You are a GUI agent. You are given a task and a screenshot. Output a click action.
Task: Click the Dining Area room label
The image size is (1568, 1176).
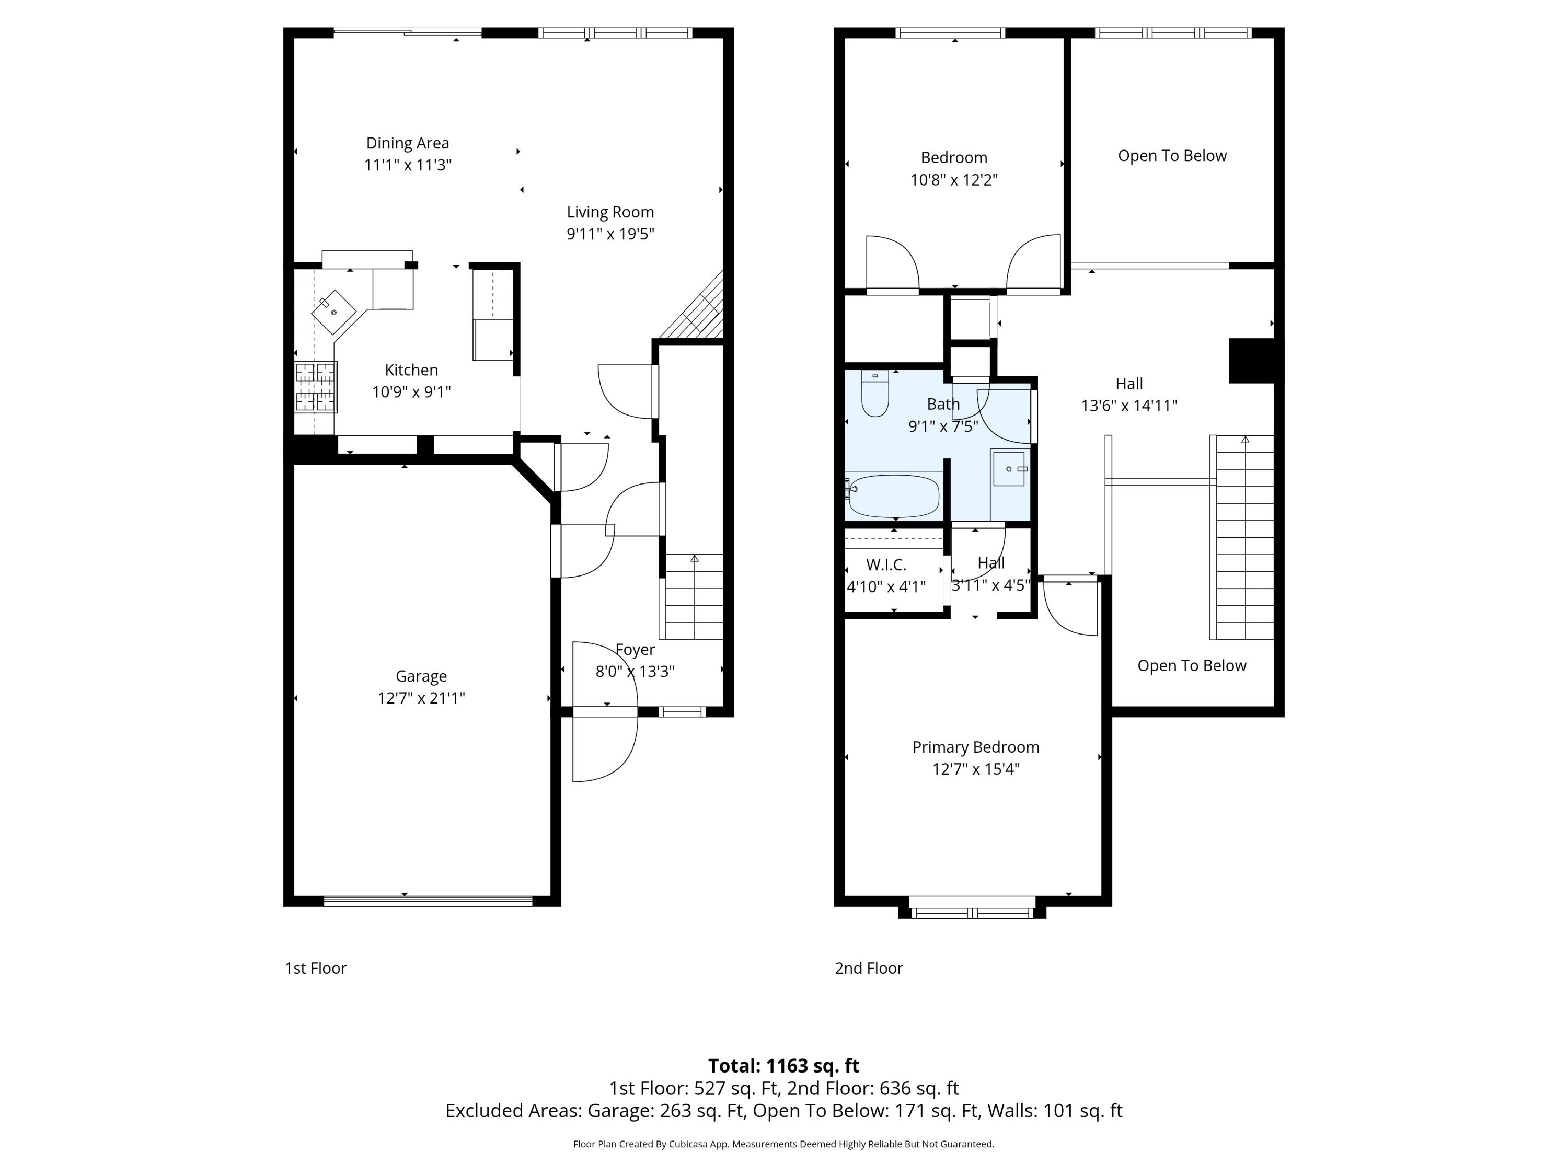click(408, 143)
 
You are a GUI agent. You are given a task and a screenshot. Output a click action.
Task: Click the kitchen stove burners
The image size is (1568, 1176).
click(316, 387)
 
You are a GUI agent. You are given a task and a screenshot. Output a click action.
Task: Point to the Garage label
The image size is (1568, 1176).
click(421, 676)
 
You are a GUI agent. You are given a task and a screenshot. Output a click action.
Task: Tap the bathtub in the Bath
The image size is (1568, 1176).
click(893, 495)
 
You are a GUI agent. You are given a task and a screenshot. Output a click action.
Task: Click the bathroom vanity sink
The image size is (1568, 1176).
click(1009, 468)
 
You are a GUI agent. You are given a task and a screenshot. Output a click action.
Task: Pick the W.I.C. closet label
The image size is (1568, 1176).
click(886, 565)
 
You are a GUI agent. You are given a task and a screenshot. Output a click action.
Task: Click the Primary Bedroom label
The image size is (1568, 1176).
click(975, 747)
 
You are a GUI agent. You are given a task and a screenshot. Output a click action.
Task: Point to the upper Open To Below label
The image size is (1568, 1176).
click(1172, 156)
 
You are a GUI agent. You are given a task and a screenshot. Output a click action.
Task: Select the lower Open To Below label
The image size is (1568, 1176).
click(1192, 666)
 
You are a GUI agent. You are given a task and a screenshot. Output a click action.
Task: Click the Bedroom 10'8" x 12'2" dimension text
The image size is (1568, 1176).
click(954, 180)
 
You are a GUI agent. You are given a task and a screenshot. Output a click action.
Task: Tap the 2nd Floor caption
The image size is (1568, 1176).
click(868, 969)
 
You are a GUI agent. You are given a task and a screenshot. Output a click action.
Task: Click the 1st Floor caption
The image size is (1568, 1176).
click(316, 969)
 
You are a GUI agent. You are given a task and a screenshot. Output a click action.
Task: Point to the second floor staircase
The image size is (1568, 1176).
click(1245, 539)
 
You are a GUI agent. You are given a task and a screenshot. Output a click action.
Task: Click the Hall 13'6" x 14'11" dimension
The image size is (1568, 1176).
click(1128, 406)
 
